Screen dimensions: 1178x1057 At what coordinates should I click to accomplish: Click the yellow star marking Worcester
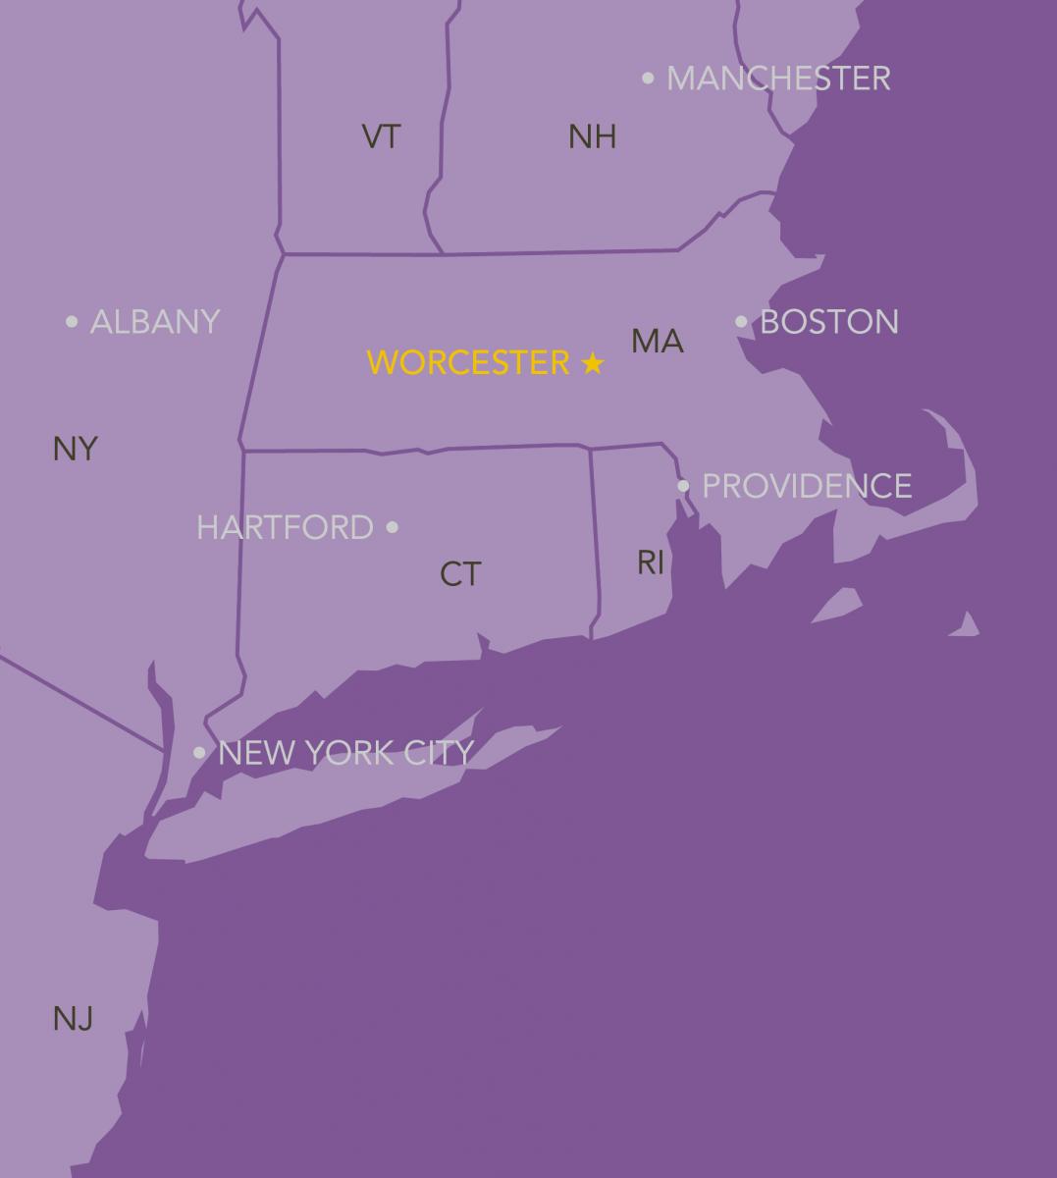592,363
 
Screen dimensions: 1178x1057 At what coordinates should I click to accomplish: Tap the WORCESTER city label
468,363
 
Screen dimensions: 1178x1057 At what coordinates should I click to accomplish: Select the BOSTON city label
829,322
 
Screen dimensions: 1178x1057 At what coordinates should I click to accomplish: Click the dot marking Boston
741,321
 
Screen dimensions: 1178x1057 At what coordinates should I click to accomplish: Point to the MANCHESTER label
778,79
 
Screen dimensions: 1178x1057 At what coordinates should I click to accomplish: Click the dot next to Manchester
648,78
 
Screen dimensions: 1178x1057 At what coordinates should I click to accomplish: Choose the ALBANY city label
155,322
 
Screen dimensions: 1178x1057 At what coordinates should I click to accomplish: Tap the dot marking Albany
72,321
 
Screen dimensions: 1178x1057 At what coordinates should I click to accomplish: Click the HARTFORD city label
285,527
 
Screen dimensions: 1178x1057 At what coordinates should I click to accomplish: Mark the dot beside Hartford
393,527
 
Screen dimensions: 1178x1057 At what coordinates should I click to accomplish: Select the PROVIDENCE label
807,486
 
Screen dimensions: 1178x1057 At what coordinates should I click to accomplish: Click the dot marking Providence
684,485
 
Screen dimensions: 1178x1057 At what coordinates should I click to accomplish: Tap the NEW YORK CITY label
345,753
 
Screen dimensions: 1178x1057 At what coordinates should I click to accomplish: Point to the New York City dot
199,753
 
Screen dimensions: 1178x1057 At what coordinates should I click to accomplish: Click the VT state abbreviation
382,136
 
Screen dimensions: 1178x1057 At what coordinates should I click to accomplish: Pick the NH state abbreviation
592,136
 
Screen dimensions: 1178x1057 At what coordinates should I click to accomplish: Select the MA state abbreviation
658,342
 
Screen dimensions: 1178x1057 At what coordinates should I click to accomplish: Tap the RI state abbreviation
651,562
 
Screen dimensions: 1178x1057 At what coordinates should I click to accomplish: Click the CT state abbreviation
460,574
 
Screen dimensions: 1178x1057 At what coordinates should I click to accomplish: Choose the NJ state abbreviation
73,1019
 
